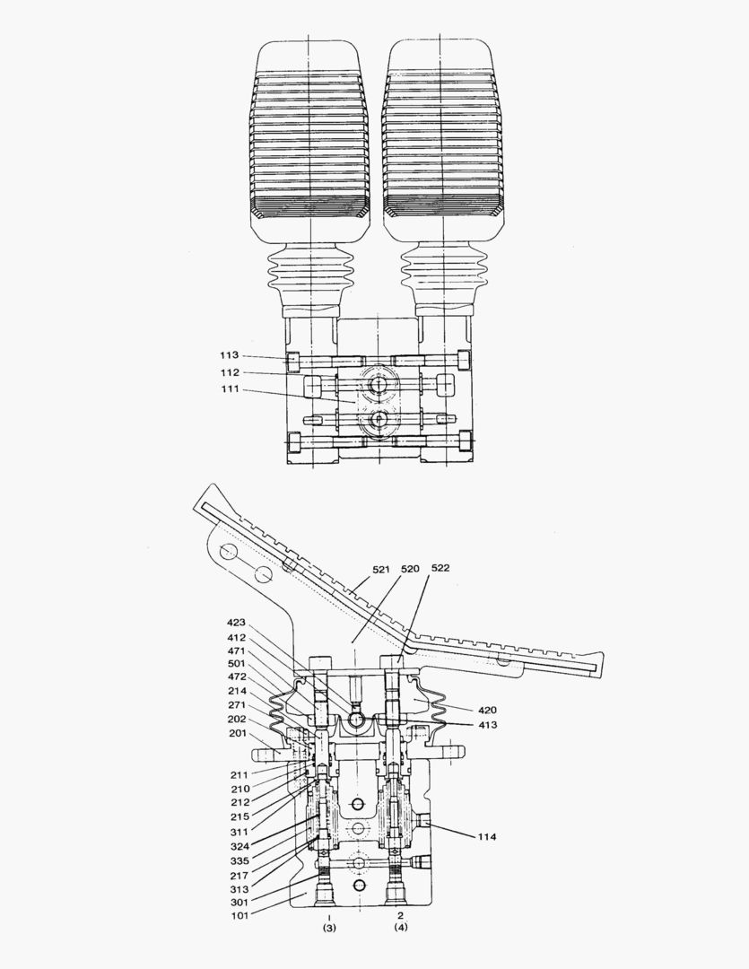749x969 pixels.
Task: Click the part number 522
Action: point(441,569)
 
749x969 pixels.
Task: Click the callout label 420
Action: point(486,710)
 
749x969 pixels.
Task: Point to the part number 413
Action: point(486,724)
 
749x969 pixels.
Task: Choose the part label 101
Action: point(239,915)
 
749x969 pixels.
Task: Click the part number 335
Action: point(239,860)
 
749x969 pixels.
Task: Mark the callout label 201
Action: point(238,732)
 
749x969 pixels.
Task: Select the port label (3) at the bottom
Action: point(328,929)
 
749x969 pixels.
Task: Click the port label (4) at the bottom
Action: point(400,929)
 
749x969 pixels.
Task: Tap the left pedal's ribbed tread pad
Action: point(309,144)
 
